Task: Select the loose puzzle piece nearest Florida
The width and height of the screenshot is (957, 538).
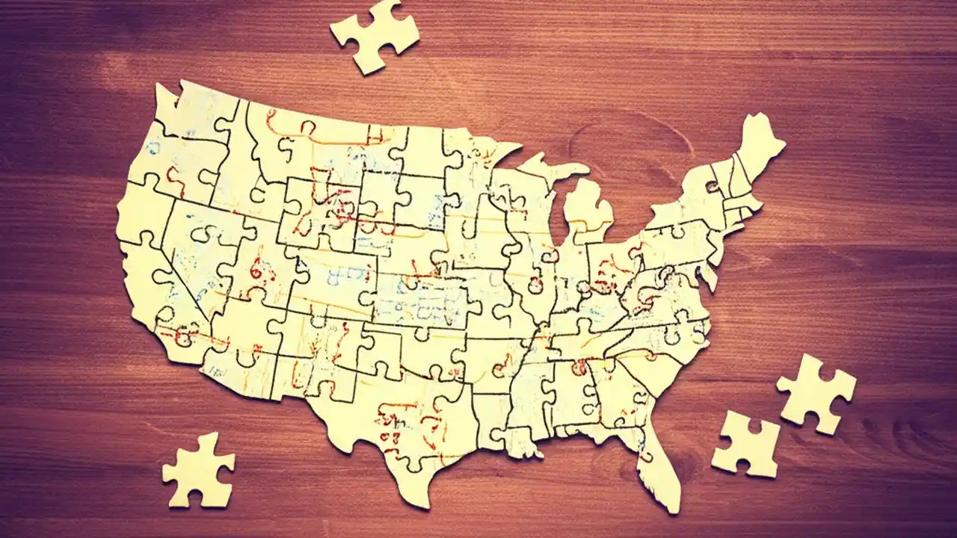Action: [745, 444]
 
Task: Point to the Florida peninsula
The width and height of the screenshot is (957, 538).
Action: [661, 463]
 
